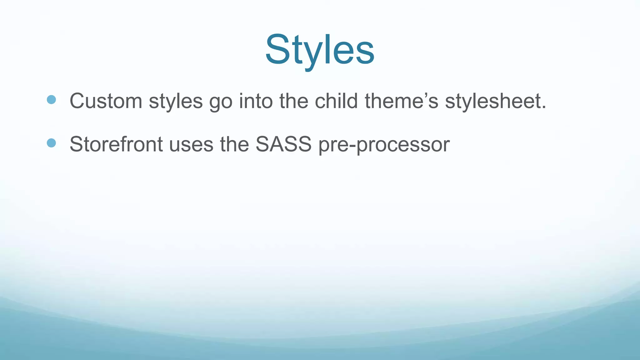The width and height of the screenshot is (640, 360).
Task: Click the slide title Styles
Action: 320,50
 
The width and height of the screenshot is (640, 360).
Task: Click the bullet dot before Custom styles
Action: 51,100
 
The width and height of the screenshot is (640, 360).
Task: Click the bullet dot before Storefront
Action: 51,143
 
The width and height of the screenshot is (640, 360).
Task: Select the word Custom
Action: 106,101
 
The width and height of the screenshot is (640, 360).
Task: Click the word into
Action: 256,101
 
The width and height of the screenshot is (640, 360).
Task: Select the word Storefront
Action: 116,144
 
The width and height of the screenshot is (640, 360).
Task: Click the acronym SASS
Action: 283,144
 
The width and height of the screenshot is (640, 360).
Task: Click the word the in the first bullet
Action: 294,101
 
